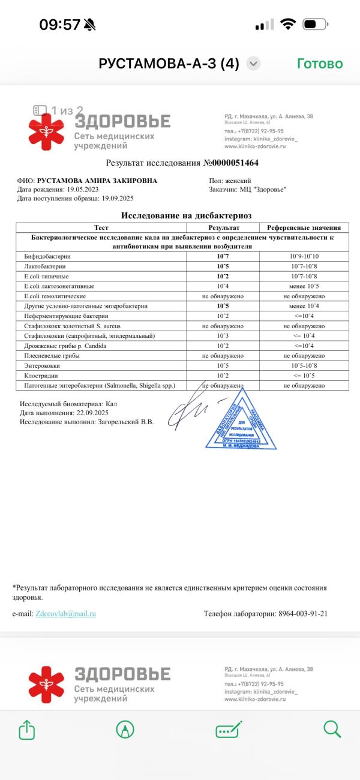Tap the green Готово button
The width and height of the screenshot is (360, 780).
click(320, 64)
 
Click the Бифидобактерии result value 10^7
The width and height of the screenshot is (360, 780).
click(223, 256)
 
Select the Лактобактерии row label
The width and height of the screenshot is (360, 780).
click(45, 266)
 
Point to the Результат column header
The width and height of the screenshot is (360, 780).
click(223, 228)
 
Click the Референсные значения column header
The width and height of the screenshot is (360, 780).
click(304, 228)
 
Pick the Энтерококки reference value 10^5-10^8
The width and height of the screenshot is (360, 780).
click(304, 365)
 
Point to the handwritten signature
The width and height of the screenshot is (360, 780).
click(189, 412)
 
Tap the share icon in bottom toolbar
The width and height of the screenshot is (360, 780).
click(26, 729)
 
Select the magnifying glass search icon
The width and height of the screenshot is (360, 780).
click(332, 729)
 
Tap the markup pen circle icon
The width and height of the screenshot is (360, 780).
click(125, 729)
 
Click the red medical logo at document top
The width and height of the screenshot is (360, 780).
click(46, 131)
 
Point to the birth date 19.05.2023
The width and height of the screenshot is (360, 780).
click(82, 190)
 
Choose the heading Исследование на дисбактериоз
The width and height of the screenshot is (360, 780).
click(186, 215)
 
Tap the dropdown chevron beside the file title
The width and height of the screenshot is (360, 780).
click(253, 64)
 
